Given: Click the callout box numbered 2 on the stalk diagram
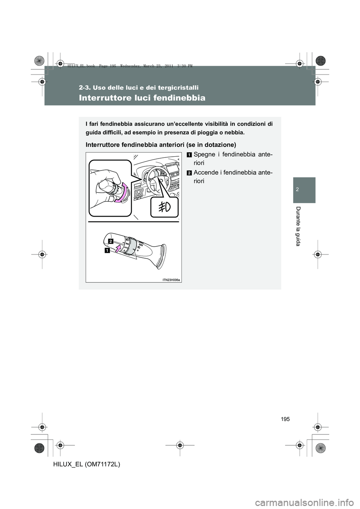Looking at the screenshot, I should [111, 240].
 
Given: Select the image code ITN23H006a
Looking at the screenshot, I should [171, 279].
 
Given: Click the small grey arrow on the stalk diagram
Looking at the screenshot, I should [118, 247].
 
